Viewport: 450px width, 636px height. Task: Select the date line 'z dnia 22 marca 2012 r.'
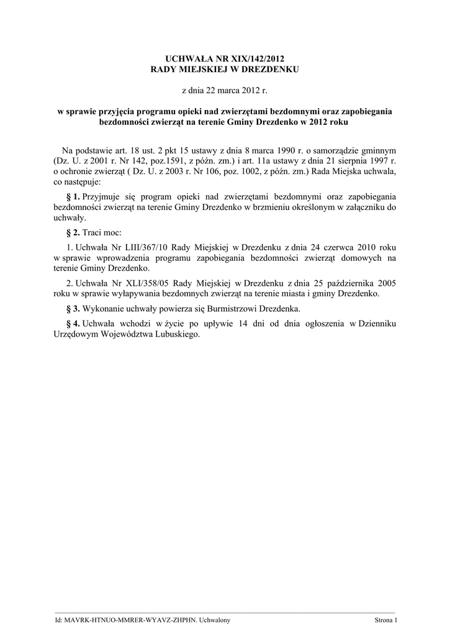225,91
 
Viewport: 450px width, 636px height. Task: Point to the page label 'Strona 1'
385,620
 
